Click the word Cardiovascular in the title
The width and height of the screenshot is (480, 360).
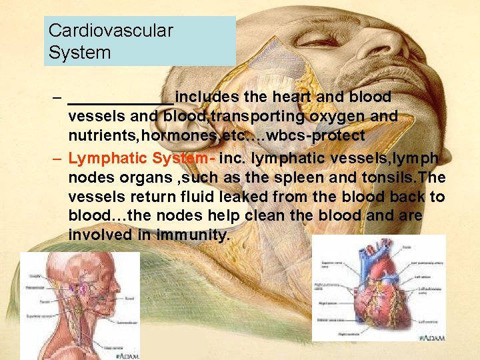[x=111, y=31]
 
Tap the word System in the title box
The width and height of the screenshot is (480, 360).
[x=79, y=52]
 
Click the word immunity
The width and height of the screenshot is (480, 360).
[x=192, y=236]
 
